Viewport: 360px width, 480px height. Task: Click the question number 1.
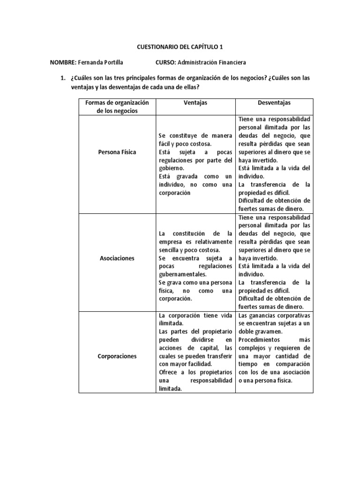pyautogui.click(x=61, y=77)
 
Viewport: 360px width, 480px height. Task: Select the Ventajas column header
pyautogui.click(x=195, y=102)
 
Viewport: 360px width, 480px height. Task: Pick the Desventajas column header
pyautogui.click(x=274, y=102)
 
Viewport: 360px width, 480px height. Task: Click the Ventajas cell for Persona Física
pyautogui.click(x=195, y=164)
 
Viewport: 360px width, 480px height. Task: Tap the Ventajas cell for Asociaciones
pyautogui.click(x=195, y=266)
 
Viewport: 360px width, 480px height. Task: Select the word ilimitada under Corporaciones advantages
pyautogui.click(x=171, y=323)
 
